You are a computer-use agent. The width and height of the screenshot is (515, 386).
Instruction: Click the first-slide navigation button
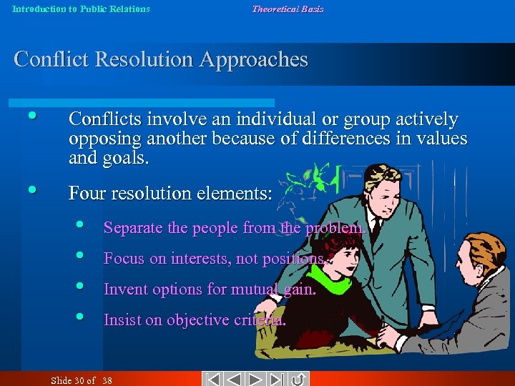(212, 379)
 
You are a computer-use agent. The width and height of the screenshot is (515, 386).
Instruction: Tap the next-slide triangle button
(257, 379)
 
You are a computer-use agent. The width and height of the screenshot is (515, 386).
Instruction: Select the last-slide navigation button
(278, 379)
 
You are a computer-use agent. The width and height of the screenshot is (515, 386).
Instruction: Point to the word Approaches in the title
(254, 60)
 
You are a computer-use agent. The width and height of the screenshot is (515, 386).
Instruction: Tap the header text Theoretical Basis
(287, 9)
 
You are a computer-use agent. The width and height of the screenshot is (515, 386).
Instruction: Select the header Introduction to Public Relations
(81, 9)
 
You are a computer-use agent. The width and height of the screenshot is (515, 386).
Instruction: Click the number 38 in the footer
(107, 380)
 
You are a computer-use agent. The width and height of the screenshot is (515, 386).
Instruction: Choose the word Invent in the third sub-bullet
(123, 289)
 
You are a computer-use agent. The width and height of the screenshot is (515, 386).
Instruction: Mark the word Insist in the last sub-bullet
(122, 320)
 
